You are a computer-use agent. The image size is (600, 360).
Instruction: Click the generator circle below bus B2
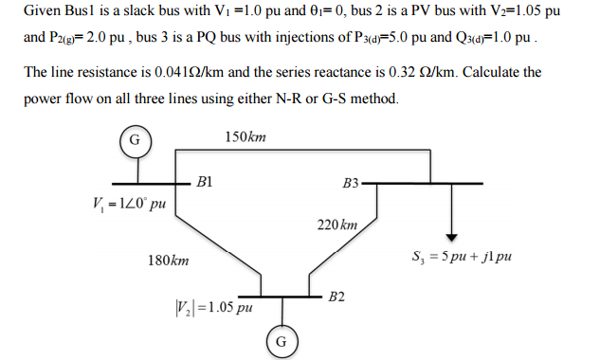tap(280, 340)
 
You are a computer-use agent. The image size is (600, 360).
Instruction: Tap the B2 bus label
tap(337, 297)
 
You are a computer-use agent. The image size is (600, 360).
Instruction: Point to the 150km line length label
tap(245, 138)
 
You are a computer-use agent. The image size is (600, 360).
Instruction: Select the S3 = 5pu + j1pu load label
tap(462, 256)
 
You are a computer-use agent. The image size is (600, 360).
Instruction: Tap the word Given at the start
tap(44, 12)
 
